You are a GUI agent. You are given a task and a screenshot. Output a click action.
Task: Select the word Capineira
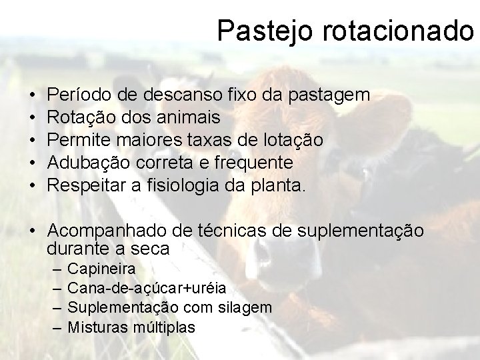click(x=102, y=269)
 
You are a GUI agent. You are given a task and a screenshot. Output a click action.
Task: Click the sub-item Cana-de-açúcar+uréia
click(x=147, y=289)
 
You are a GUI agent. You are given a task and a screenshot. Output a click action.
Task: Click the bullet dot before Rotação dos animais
click(x=33, y=118)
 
